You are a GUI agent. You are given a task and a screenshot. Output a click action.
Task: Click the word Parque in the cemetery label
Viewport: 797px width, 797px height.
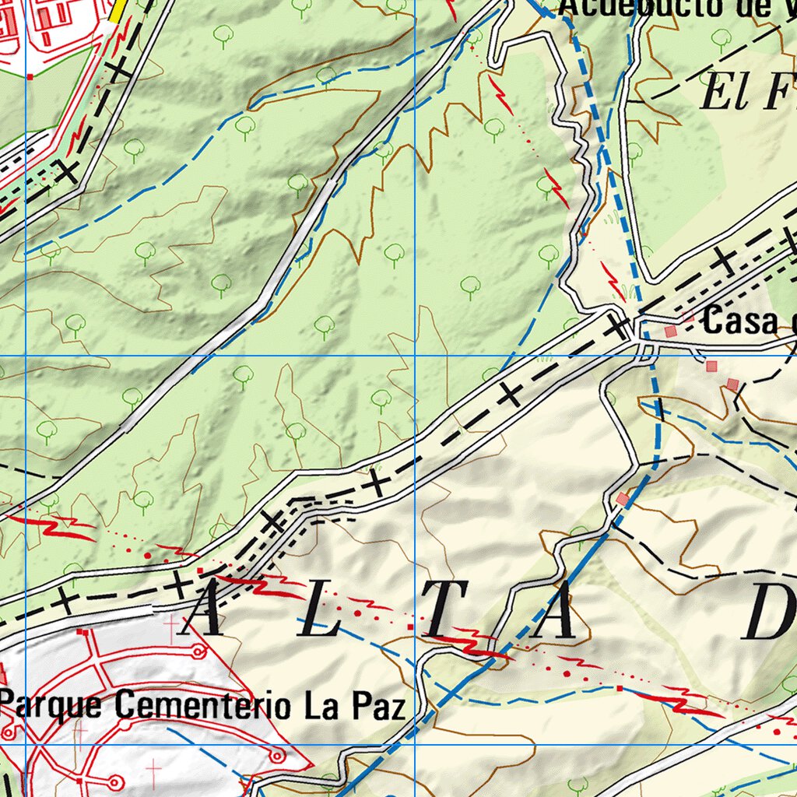[54, 705]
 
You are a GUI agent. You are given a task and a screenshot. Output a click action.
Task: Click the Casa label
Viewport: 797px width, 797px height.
[739, 321]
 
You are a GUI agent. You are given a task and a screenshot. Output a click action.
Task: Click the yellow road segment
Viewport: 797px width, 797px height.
[118, 10]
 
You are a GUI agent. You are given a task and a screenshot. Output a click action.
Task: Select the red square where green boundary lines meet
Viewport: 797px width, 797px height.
[30, 76]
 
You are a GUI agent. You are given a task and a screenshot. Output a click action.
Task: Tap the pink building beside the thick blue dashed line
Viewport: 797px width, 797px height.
[622, 498]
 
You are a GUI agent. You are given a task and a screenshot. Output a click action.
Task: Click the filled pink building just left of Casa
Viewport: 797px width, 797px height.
[671, 332]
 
